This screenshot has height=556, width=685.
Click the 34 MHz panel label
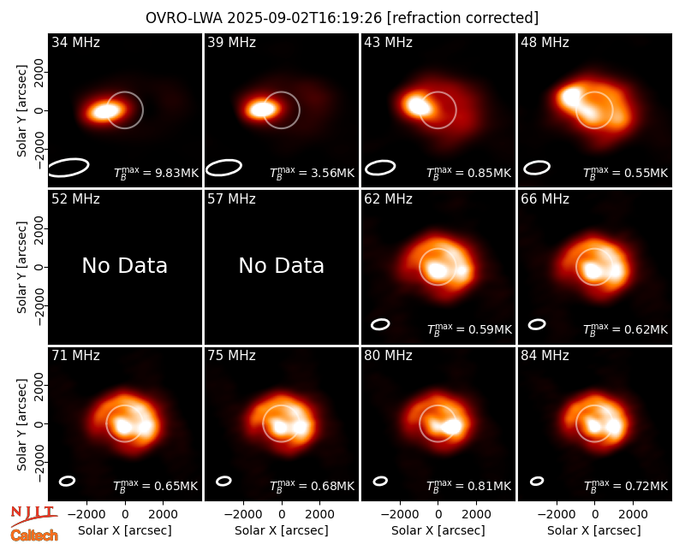point(75,42)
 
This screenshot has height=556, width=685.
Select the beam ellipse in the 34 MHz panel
point(68,168)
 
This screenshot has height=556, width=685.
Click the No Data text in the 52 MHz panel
point(124,265)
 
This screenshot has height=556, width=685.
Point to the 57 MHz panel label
point(231,199)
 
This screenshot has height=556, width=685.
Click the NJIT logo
point(34,515)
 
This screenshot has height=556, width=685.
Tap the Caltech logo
point(34,535)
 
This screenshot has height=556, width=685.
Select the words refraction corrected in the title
point(462,18)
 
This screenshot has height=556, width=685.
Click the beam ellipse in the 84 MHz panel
point(537,481)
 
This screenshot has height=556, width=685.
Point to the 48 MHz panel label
point(545,42)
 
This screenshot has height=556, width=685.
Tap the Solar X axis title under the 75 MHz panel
point(282,530)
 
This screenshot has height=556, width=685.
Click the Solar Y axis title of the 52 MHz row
point(21,267)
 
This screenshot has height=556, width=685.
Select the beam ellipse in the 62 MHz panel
point(380,324)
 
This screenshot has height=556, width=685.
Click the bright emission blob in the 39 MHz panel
point(262,109)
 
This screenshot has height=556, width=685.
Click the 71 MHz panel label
point(75,356)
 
